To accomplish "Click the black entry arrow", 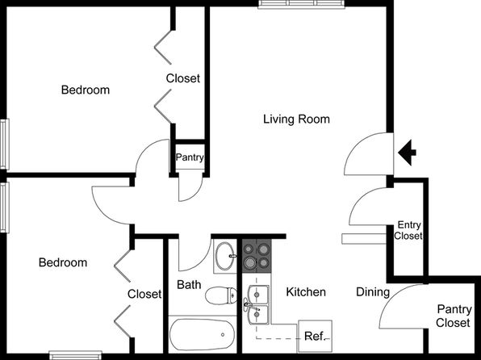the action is (x=407, y=153).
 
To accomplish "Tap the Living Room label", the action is (x=296, y=119).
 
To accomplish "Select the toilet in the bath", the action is (x=221, y=296).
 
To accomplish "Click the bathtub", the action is (x=203, y=334).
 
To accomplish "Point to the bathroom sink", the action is (x=225, y=256).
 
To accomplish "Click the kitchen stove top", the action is (x=257, y=256).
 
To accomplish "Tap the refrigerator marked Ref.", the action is (x=315, y=337).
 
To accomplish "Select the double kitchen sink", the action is (x=258, y=304).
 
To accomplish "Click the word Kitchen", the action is (x=306, y=292).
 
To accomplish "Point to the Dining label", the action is (x=373, y=292).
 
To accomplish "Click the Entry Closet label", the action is (x=408, y=230).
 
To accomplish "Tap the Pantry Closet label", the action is (x=454, y=316).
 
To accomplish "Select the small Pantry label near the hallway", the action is (x=190, y=157).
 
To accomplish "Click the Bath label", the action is (x=189, y=285).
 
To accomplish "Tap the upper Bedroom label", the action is (x=86, y=90).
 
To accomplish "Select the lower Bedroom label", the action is (x=63, y=262).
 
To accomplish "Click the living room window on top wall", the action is (x=302, y=4).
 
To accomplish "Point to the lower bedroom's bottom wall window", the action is (x=76, y=355).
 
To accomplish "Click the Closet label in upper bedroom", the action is (x=183, y=78).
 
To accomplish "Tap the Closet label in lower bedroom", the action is (x=144, y=294).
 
